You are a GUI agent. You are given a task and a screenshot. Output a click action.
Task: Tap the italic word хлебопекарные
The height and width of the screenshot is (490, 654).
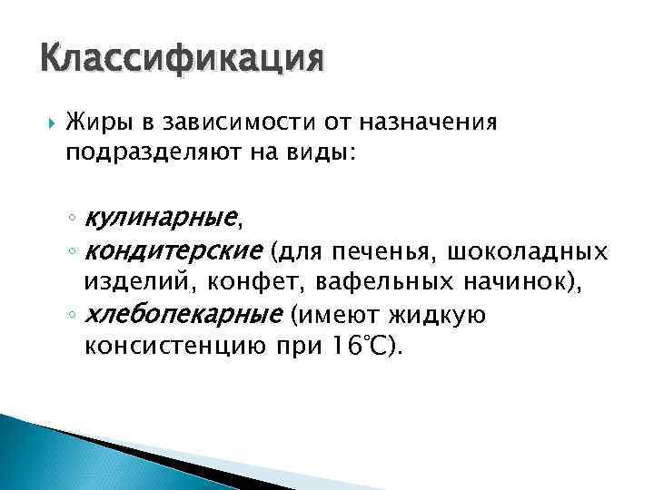[x=182, y=315]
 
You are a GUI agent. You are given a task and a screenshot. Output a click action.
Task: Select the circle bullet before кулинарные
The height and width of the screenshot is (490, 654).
[x=71, y=219]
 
